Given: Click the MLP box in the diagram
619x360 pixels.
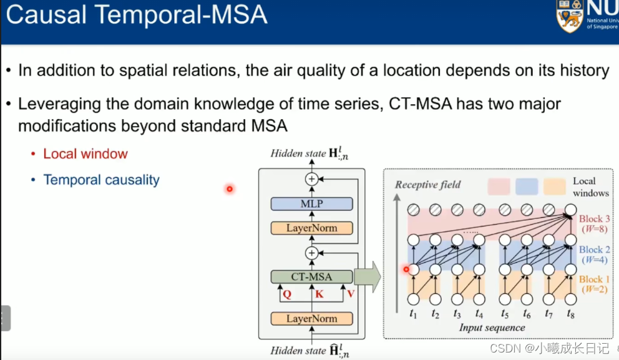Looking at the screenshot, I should [311, 204].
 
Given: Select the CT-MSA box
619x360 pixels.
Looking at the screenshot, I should [311, 277].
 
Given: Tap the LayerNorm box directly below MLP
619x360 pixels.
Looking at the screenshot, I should [311, 228].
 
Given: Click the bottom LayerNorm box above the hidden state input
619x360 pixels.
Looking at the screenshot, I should [311, 319].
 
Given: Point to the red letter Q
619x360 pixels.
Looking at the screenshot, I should [287, 294].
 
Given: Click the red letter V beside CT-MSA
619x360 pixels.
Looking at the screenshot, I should [351, 293].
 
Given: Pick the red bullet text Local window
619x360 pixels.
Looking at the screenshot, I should [85, 153].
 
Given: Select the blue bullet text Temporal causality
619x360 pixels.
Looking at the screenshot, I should [101, 180].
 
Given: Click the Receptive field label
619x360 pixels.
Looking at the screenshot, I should [428, 185].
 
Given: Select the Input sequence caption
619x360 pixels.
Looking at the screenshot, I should [492, 328].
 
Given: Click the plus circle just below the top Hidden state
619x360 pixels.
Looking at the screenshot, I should [311, 179].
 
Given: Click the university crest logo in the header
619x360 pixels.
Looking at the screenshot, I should [569, 16].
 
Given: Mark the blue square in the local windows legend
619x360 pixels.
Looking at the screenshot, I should [527, 187].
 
